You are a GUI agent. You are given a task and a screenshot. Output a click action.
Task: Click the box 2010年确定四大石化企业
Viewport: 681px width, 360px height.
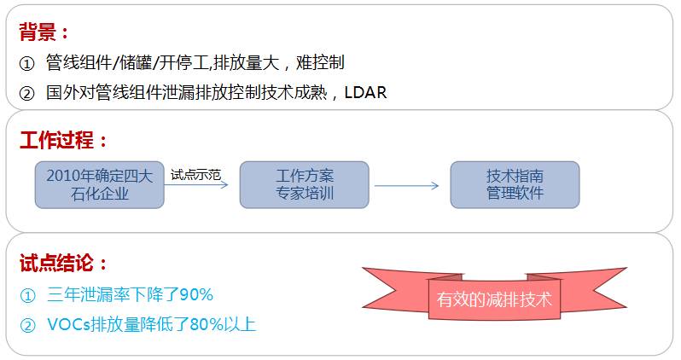point(99,184)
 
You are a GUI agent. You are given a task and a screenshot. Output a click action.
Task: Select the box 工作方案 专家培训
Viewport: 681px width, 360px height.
point(304,184)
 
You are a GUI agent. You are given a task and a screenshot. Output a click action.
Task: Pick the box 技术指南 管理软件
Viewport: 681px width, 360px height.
point(515,184)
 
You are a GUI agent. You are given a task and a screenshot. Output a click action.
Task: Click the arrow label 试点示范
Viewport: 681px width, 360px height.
point(195,175)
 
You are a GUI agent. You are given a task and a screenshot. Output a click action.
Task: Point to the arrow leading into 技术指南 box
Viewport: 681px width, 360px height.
point(407,185)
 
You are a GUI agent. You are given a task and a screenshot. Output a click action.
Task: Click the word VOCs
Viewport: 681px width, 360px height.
point(67,324)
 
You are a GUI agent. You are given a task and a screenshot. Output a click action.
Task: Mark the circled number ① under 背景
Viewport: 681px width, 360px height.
point(27,63)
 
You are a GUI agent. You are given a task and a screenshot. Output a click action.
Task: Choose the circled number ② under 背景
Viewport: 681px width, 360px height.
point(27,92)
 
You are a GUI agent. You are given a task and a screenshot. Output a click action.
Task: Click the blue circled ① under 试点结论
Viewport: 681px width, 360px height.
point(27,295)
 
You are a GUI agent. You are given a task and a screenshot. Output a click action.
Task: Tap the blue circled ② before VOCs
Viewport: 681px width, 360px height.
point(27,324)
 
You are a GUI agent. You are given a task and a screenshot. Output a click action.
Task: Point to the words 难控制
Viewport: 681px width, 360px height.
point(320,63)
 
